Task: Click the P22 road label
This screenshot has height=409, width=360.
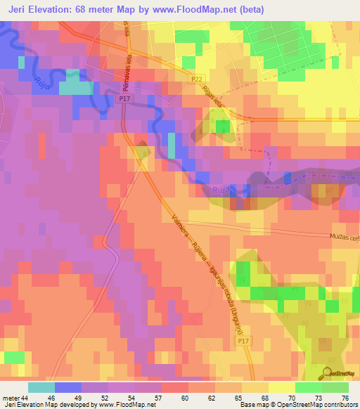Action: (197, 81)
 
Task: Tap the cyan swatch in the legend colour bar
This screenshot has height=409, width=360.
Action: (41, 387)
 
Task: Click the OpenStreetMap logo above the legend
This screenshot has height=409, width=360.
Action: (337, 373)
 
